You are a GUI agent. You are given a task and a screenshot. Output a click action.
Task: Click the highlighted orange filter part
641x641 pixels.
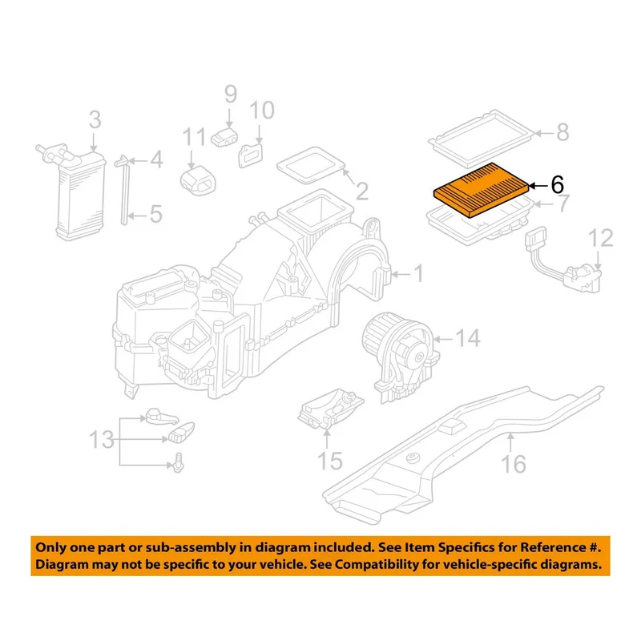[482, 190]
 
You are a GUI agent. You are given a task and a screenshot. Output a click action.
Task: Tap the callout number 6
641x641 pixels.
[557, 185]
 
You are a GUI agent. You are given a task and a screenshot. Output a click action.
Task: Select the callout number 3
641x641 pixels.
[95, 119]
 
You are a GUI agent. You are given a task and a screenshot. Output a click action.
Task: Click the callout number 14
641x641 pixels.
[468, 338]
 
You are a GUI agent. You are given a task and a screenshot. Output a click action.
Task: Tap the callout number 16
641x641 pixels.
[514, 464]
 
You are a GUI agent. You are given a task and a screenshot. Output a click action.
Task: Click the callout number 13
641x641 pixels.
[102, 439]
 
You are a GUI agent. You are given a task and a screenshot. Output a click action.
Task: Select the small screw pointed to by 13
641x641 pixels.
[178, 463]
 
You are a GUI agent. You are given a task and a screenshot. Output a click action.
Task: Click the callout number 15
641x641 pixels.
[329, 461]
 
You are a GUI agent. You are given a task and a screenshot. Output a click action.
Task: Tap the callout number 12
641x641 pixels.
[600, 238]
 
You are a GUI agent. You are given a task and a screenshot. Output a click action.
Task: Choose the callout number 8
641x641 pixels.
[563, 132]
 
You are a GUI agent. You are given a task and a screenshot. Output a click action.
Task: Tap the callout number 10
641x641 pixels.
[262, 110]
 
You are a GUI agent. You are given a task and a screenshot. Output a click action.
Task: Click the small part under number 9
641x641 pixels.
[225, 136]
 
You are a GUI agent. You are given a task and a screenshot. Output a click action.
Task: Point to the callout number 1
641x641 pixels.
[418, 273]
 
